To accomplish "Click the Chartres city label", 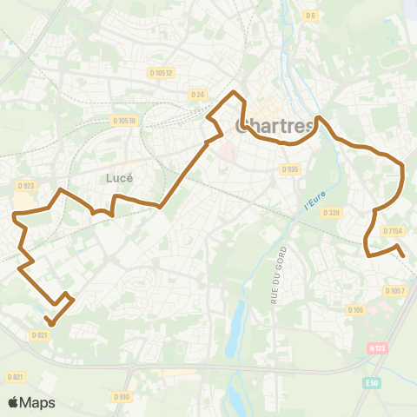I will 274,126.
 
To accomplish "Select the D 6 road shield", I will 310,15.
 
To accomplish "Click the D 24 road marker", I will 196,94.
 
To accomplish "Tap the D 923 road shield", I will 24,185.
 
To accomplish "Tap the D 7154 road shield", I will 394,231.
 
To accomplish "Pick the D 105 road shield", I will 354,309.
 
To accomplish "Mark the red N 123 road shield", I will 377,348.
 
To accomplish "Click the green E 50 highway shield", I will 373,381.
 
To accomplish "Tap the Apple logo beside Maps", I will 14,402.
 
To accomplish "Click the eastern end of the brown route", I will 404,255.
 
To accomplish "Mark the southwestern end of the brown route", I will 50,324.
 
